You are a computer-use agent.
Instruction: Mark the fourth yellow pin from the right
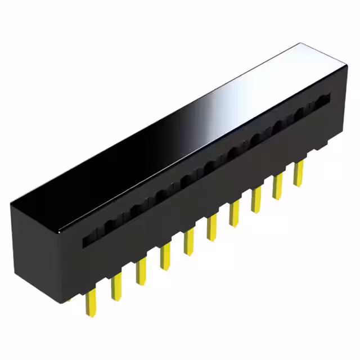235,214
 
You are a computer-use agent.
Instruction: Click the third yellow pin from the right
256,200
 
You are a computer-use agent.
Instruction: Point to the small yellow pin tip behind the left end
70,300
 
